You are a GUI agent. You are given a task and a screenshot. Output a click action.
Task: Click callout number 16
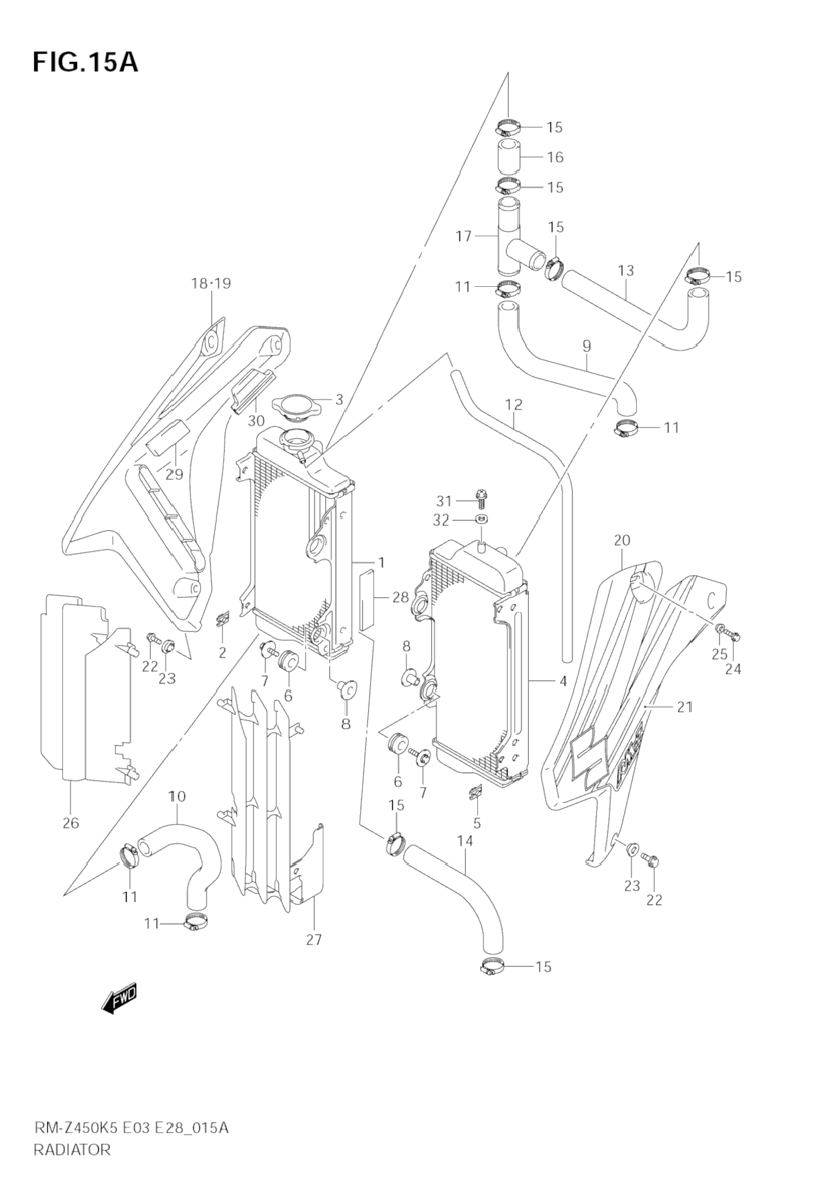coord(555,158)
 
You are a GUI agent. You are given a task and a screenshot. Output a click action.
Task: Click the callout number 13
coord(625,271)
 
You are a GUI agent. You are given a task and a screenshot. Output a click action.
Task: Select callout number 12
coord(514,405)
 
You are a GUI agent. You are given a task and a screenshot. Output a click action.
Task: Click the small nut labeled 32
coord(481,519)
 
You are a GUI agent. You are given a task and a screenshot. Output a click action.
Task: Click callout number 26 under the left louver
coord(71,823)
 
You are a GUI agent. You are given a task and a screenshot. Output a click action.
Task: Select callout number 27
coord(314,940)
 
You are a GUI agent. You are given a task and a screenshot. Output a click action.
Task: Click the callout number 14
coord(465,840)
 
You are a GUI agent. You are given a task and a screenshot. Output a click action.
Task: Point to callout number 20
coord(621,540)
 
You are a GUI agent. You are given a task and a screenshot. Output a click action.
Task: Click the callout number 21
coord(684,706)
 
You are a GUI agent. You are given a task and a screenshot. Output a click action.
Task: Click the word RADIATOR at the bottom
coord(72,1149)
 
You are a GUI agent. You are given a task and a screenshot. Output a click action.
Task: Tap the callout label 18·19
coord(211,284)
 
